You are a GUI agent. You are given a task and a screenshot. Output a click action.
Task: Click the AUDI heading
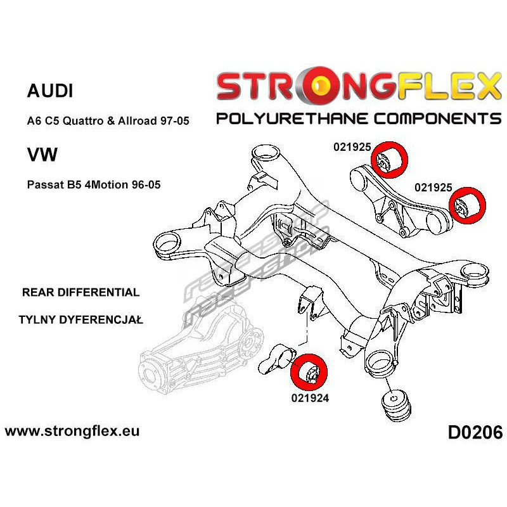[50, 91]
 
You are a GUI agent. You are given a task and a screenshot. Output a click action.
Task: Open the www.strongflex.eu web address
[72, 431]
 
